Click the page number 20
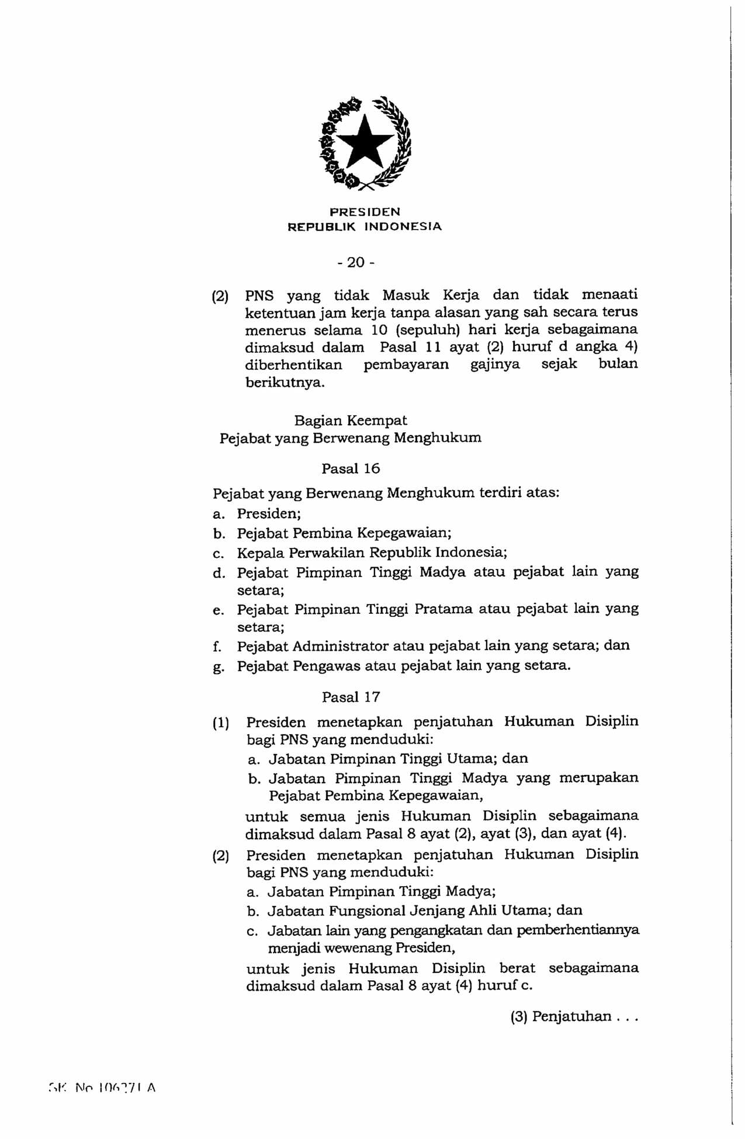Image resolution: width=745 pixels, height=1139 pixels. [356, 262]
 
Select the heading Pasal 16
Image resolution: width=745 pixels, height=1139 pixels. [351, 468]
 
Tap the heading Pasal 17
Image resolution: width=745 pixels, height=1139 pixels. [351, 697]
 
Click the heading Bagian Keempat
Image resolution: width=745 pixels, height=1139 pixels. [351, 421]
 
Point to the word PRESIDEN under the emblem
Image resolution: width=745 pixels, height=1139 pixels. [365, 211]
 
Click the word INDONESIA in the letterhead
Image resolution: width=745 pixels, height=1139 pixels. [403, 226]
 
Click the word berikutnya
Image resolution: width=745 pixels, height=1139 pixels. [285, 383]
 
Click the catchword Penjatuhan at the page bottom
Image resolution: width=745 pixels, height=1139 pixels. [571, 1017]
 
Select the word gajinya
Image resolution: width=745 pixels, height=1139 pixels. [495, 364]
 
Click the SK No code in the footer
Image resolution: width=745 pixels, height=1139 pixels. [103, 1088]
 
